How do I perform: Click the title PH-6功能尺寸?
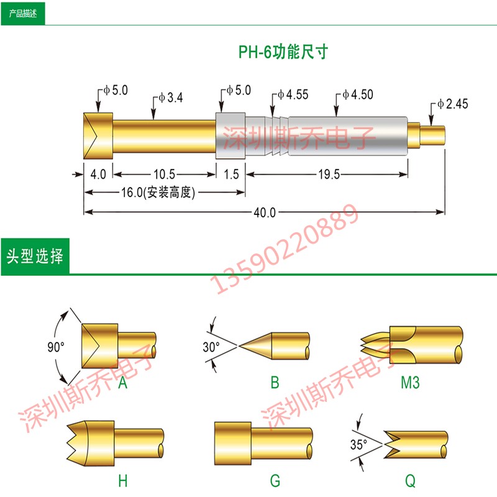(x=283, y=52)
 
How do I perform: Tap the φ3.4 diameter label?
(x=170, y=98)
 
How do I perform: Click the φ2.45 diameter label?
(x=452, y=104)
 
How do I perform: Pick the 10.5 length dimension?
(x=164, y=174)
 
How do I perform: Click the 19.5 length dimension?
(x=329, y=175)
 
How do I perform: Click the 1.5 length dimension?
(x=231, y=175)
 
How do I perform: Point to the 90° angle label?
(x=56, y=347)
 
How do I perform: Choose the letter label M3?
(x=410, y=383)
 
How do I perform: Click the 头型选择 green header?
(x=35, y=257)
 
